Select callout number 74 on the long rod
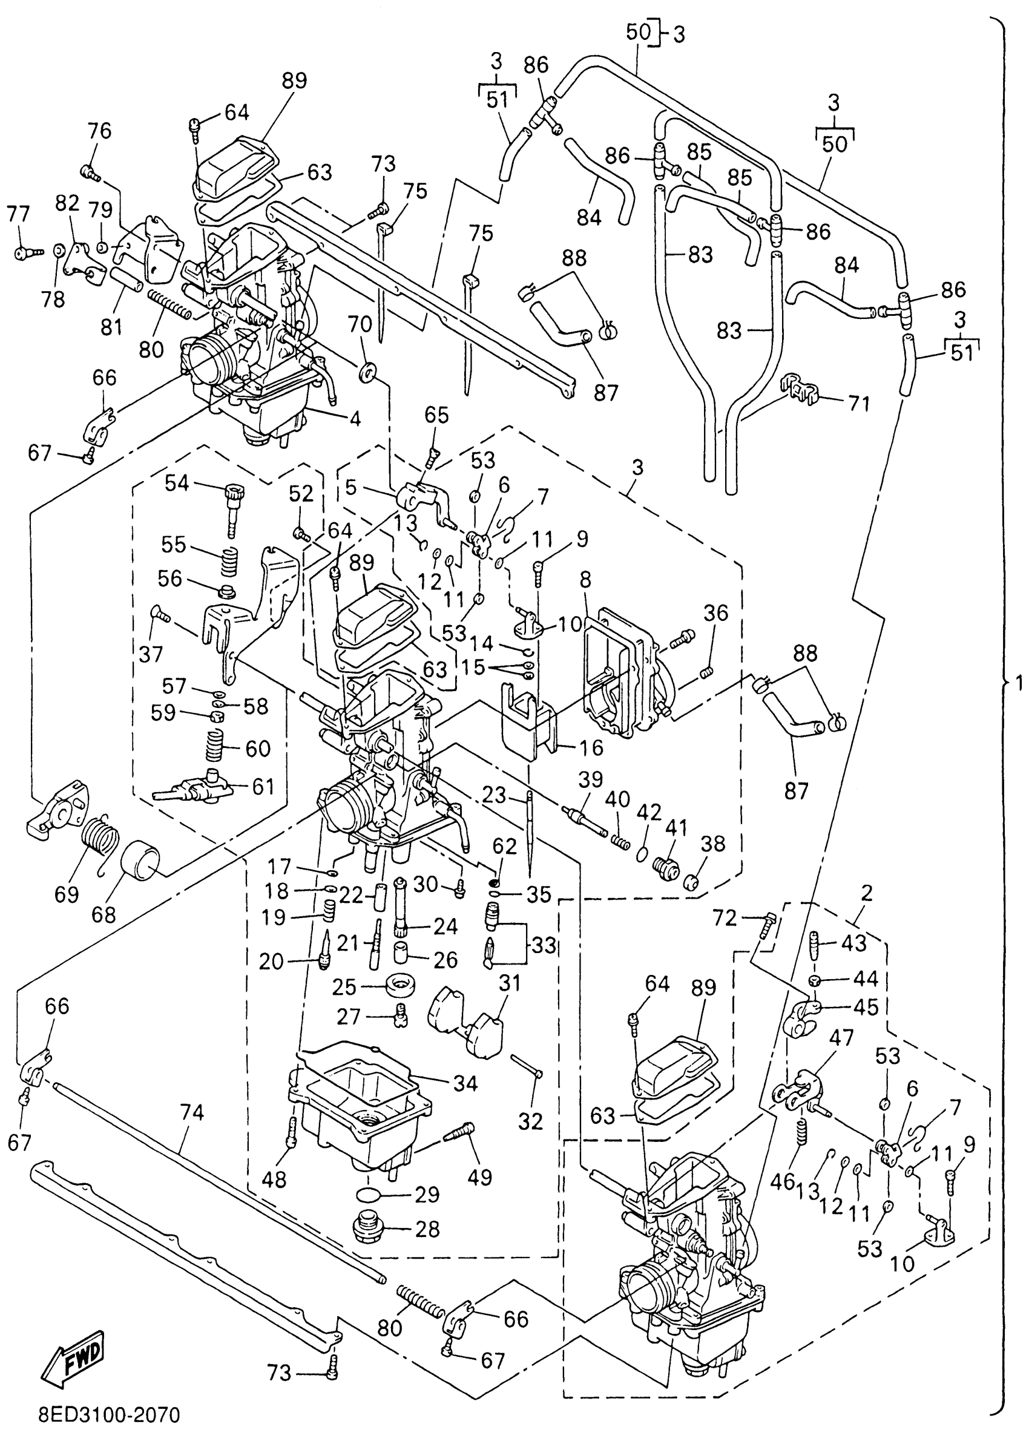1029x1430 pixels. pyautogui.click(x=192, y=1113)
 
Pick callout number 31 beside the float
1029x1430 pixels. pyautogui.click(x=510, y=983)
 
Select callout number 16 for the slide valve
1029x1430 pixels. pyautogui.click(x=591, y=748)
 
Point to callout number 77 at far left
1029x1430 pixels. pyautogui.click(x=18, y=214)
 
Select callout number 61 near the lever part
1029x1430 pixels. pyautogui.click(x=263, y=786)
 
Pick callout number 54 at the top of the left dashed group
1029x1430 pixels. pyautogui.click(x=177, y=484)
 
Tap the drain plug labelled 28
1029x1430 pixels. pyautogui.click(x=368, y=1228)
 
